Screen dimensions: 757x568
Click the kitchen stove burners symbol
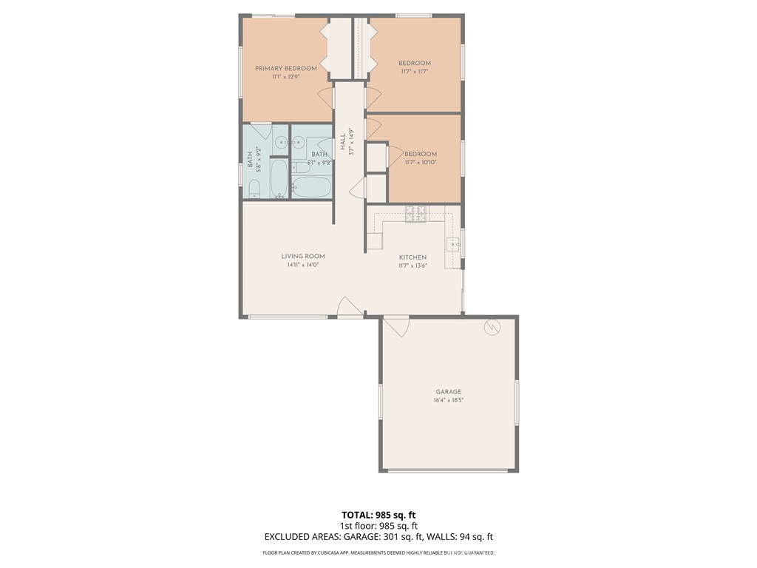pyautogui.click(x=415, y=214)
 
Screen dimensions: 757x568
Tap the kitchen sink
pyautogui.click(x=453, y=245)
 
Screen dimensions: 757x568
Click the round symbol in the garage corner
pyautogui.click(x=492, y=327)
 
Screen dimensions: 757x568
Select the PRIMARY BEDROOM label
pyautogui.click(x=286, y=69)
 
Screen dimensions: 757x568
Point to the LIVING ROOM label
pyautogui.click(x=303, y=257)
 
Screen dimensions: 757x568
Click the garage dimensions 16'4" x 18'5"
pyautogui.click(x=449, y=400)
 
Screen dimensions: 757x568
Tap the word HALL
pyautogui.click(x=343, y=141)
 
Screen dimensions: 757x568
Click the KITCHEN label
pyautogui.click(x=413, y=257)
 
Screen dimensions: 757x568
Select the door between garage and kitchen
pyautogui.click(x=396, y=326)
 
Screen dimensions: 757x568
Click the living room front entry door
pyautogui.click(x=350, y=307)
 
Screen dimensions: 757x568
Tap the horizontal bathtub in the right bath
pyautogui.click(x=311, y=187)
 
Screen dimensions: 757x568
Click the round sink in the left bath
pyautogui.click(x=281, y=143)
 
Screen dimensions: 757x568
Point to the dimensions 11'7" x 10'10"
pyautogui.click(x=421, y=163)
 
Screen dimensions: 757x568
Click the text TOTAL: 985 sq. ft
pyautogui.click(x=378, y=515)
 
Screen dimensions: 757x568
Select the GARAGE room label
pyautogui.click(x=449, y=392)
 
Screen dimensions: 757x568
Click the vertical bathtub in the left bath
pyautogui.click(x=279, y=178)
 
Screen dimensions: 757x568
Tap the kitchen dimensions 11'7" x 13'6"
pyautogui.click(x=413, y=266)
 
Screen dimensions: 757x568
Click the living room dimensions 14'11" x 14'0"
pyautogui.click(x=303, y=265)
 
